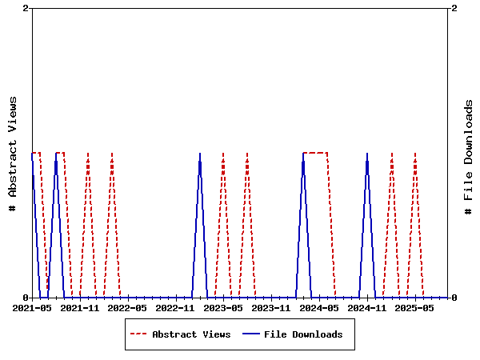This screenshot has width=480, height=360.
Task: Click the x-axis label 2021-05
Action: (32, 307)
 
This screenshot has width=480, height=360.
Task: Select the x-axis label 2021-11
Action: (80, 307)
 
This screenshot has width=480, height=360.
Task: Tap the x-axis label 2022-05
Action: (128, 307)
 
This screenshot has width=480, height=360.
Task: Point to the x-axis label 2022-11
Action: (176, 307)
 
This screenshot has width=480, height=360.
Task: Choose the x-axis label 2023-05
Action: (224, 307)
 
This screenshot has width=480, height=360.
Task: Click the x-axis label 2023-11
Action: (272, 307)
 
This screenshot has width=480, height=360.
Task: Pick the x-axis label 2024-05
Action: (320, 307)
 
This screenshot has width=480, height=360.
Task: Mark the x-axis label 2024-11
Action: (368, 307)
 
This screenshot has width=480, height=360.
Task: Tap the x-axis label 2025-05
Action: (416, 307)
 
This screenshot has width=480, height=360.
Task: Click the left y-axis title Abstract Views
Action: (13, 153)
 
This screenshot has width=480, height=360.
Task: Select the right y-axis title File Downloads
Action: (469, 153)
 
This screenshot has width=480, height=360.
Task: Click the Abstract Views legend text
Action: (191, 334)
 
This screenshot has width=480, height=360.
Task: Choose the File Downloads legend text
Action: (303, 334)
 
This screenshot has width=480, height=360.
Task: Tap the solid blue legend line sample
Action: (251, 334)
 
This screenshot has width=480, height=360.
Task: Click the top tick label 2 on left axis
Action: (26, 8)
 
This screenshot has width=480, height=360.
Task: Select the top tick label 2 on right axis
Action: (454, 8)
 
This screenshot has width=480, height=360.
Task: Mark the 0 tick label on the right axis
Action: (454, 298)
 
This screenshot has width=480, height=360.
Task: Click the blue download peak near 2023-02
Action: (200, 154)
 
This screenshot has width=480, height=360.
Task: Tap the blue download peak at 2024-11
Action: (367, 154)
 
